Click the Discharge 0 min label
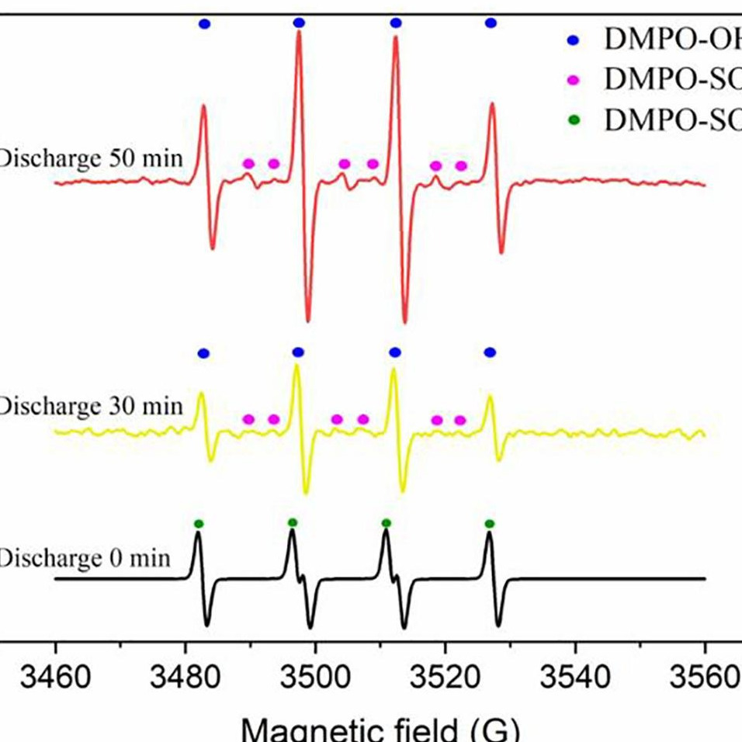click(85, 557)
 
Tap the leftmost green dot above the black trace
click(198, 523)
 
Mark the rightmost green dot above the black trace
click(489, 523)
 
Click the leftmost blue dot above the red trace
click(204, 24)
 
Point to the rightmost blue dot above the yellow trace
click(490, 353)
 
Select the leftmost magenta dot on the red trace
click(248, 164)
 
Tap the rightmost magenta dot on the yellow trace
click(459, 420)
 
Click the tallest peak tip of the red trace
click(299, 33)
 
